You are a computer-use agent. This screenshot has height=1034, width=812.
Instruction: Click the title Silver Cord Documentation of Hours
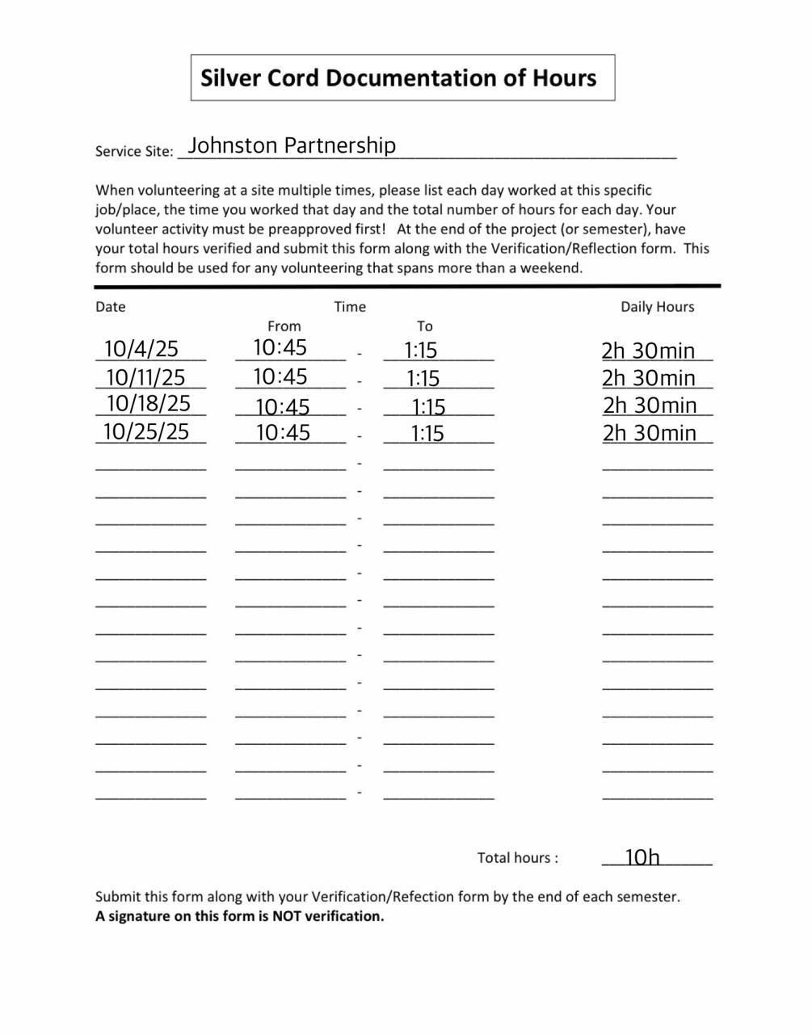[x=398, y=78]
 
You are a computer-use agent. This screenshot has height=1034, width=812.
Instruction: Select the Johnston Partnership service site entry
[x=291, y=145]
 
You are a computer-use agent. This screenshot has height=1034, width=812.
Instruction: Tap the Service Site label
[x=133, y=151]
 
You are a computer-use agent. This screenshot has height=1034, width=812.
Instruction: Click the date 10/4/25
[x=141, y=349]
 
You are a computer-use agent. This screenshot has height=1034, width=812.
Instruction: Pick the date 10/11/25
[x=145, y=377]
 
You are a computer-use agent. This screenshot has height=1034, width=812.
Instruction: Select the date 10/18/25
[x=148, y=403]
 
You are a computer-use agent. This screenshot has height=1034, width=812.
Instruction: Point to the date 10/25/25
[x=146, y=431]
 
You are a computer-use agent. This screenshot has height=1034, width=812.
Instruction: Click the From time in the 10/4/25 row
[x=280, y=347]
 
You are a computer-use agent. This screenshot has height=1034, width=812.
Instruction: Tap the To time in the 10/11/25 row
[x=423, y=378]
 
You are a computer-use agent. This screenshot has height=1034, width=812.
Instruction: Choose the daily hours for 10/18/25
[x=649, y=405]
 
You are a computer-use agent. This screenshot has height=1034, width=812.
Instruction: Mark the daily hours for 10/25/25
[x=649, y=433]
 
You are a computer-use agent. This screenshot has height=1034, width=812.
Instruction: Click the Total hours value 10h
[x=642, y=857]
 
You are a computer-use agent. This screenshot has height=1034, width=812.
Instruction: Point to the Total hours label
[x=517, y=858]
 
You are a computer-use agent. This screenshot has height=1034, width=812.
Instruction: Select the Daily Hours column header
[x=657, y=307]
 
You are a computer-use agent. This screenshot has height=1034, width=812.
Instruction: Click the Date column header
[x=111, y=307]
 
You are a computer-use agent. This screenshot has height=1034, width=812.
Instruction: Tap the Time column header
[x=350, y=307]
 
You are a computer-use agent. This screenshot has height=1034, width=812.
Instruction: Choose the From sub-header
[x=284, y=326]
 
